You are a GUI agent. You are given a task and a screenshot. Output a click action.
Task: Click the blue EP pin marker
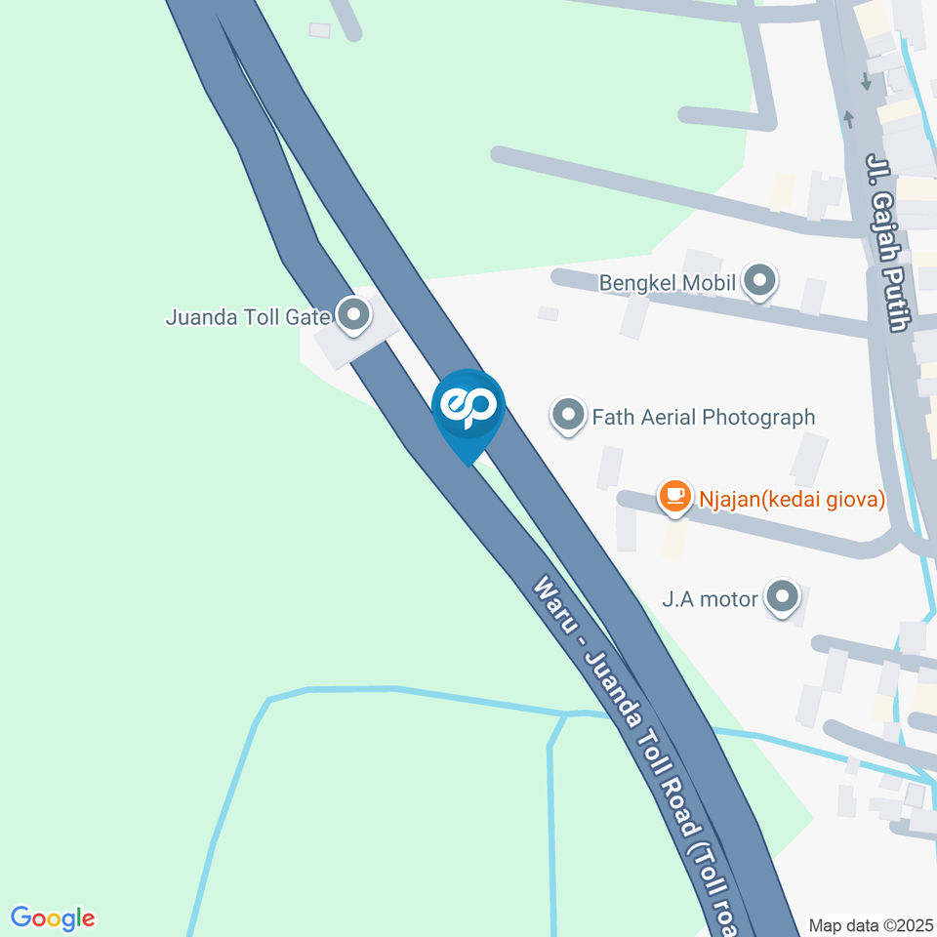[468, 406]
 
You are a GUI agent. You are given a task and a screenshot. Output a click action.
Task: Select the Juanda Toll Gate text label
[249, 317]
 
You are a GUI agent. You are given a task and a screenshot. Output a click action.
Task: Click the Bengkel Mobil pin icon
[759, 282]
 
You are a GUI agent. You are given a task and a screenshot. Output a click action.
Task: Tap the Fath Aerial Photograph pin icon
[567, 417]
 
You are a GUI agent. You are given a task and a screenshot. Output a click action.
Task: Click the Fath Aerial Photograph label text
[703, 417]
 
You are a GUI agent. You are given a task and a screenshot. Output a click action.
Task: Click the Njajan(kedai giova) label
[791, 499]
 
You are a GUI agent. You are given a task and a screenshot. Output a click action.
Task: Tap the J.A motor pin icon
[782, 597]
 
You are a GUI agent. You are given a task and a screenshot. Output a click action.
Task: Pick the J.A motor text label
[710, 598]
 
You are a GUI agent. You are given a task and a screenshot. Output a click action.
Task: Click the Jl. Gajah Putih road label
[889, 241]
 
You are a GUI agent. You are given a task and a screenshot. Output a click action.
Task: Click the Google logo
[53, 918]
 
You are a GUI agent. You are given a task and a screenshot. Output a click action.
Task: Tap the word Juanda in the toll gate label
[197, 317]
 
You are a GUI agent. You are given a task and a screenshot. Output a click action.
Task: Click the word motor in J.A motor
[729, 598]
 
